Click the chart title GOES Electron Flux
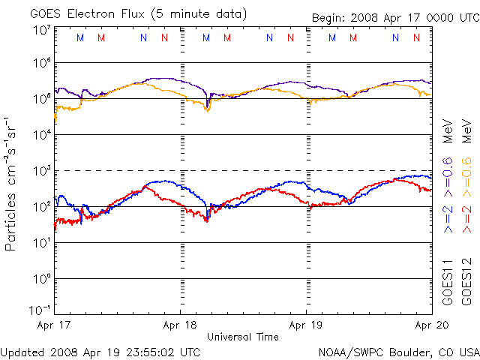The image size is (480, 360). click(x=87, y=13)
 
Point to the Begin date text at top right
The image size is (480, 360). click(x=396, y=18)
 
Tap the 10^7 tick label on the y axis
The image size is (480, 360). click(x=43, y=31)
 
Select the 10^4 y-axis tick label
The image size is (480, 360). click(x=43, y=134)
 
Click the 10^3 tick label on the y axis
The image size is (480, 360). click(x=43, y=170)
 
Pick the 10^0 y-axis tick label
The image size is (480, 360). click(x=43, y=278)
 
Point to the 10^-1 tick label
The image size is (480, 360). click(x=40, y=310)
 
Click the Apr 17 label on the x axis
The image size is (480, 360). click(x=54, y=325)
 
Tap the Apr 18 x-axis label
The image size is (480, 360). click(x=180, y=325)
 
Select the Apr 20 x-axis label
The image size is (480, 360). click(x=432, y=325)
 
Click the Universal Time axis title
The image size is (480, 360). click(x=243, y=337)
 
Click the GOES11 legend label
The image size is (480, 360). click(x=448, y=282)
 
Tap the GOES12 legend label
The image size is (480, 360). click(x=466, y=282)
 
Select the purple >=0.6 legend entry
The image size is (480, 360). click(x=448, y=177)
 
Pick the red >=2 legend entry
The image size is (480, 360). click(x=466, y=219)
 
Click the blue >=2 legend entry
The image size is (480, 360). click(x=448, y=219)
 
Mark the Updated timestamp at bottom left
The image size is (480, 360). click(x=100, y=352)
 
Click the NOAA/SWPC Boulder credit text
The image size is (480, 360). click(x=399, y=352)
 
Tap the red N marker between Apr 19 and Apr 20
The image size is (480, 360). click(x=416, y=37)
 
